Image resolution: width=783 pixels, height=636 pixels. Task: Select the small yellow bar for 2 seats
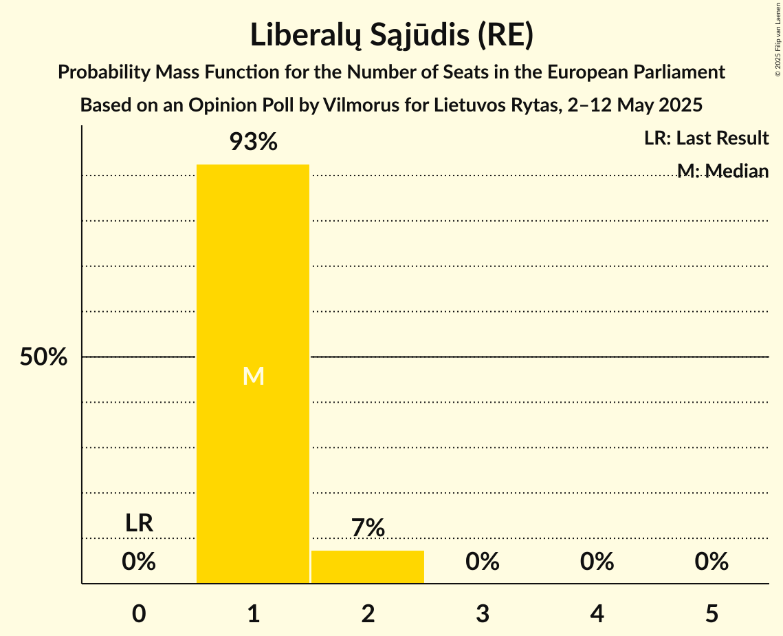pos(368,567)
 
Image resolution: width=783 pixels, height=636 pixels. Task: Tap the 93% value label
pos(253,142)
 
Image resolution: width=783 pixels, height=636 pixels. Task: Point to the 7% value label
pos(368,528)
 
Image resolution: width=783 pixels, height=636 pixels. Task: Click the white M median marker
pos(253,376)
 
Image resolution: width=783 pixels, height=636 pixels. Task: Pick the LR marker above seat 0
pos(139,523)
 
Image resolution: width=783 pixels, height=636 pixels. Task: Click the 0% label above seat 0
pos(139,562)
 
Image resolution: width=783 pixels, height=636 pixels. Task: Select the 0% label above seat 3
pos(483,562)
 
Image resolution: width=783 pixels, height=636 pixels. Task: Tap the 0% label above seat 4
pos(597,562)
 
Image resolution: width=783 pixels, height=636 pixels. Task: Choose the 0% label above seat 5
pos(712,562)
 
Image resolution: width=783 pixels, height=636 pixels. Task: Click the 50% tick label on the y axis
pos(43,357)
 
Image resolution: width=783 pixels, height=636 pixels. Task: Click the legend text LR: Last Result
pos(706,138)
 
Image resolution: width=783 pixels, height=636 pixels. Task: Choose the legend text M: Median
pos(723,171)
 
